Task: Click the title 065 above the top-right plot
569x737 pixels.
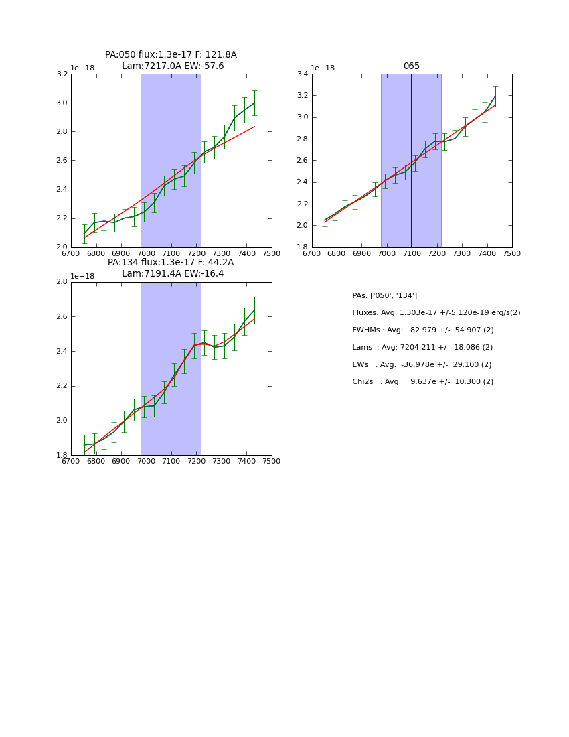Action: (411, 66)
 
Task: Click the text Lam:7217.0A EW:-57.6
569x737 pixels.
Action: (173, 66)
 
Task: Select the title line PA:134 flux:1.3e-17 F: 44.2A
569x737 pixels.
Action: (171, 263)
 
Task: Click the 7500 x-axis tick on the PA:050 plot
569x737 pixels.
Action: (272, 253)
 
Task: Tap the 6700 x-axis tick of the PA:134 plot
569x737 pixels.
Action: (71, 461)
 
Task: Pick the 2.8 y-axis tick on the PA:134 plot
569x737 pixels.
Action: (62, 282)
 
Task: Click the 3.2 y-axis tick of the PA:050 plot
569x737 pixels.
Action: (62, 74)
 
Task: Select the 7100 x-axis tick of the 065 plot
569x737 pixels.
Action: (412, 253)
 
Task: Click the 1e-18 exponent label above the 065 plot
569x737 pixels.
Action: (323, 68)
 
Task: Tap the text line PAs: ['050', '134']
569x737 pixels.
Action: (384, 295)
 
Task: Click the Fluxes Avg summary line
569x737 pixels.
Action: (436, 313)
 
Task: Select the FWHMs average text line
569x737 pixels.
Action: (422, 330)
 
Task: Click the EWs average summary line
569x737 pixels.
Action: (422, 364)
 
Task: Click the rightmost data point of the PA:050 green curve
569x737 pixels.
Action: (254, 103)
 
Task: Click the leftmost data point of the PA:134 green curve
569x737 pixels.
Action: (84, 444)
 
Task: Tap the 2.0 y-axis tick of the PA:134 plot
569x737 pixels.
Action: (62, 421)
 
